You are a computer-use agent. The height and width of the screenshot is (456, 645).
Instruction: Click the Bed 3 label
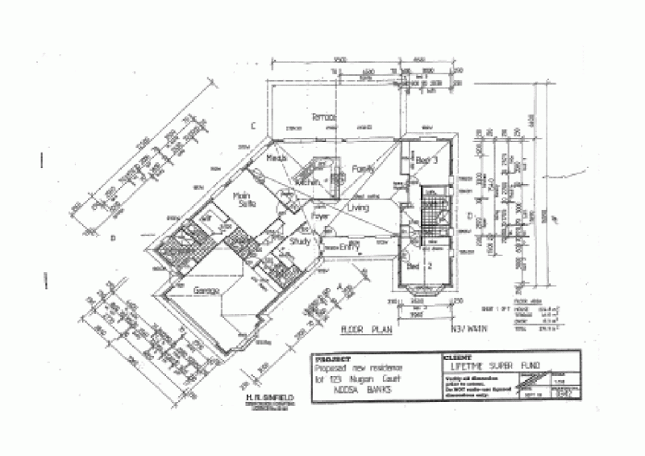click(427, 160)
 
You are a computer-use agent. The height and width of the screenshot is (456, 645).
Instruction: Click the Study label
click(299, 240)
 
